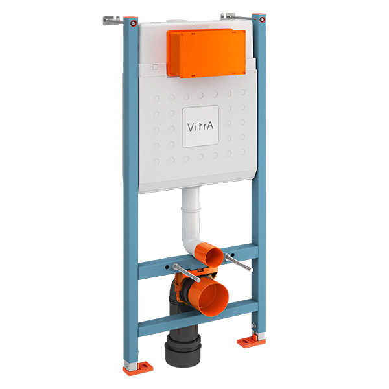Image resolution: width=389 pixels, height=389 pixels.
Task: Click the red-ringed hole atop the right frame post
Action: click(x=259, y=18)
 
